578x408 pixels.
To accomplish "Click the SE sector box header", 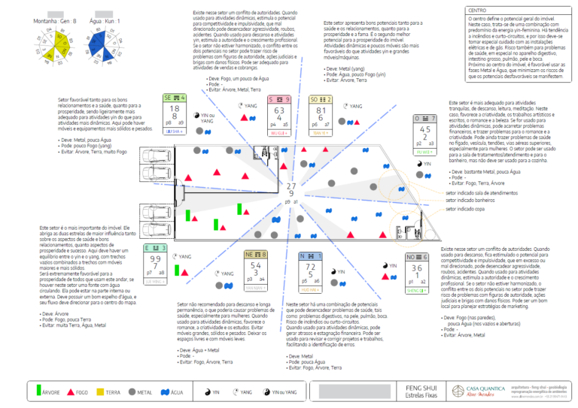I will coord(175,98).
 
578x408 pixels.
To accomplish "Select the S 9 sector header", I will coord(281,98).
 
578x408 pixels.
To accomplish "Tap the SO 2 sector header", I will coord(320,98).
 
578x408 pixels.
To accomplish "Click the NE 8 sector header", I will coord(255,255).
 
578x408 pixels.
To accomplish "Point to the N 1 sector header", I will coord(310,255).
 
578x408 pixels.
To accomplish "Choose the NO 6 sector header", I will coord(416,256).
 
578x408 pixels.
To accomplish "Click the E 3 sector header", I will coord(155,248).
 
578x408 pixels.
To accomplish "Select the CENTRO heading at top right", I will coord(477,11).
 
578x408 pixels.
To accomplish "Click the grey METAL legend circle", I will coord(132,391).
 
